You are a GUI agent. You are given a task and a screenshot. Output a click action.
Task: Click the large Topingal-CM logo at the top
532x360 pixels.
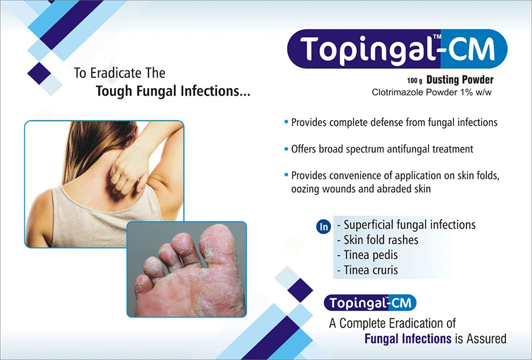coord(397,49)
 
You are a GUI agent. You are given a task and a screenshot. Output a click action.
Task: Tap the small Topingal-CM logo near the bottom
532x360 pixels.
coord(370,303)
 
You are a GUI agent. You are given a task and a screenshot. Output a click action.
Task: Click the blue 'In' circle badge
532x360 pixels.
coord(324,226)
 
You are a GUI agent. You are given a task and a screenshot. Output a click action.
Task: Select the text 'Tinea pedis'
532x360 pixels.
coord(371,255)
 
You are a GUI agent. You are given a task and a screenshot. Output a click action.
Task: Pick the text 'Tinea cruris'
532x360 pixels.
coord(371,270)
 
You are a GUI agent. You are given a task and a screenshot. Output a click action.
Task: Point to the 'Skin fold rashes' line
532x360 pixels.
coord(381,240)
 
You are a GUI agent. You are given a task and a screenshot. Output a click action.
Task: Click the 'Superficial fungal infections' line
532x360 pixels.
coord(410,225)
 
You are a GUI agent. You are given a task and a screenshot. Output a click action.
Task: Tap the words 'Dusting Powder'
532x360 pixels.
coord(460,80)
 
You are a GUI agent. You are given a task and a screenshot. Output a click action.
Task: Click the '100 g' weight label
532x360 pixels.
coord(414,81)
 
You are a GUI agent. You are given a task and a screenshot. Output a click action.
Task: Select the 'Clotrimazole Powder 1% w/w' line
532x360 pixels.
coord(432,92)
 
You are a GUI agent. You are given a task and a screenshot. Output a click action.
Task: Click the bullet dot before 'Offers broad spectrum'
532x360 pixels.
coord(286,149)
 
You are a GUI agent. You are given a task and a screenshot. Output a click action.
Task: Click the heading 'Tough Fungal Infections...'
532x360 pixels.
coord(173,91)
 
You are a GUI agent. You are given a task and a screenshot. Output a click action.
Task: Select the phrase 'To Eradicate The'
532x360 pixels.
coord(119,73)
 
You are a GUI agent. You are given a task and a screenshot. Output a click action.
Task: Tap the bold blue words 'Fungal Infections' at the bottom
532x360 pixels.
coord(408,339)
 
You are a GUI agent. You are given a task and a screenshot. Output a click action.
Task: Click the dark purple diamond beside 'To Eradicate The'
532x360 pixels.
coord(39,73)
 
